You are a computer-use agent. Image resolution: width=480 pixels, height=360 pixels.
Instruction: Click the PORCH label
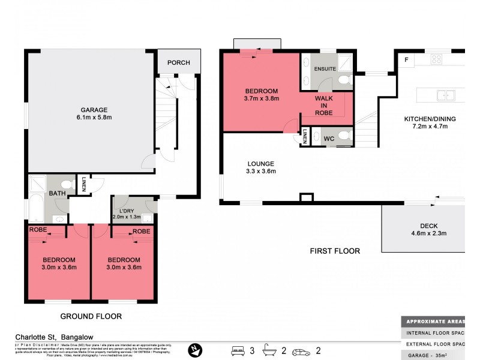pos(178,62)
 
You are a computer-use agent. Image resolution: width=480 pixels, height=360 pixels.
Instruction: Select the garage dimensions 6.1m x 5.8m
pos(94,118)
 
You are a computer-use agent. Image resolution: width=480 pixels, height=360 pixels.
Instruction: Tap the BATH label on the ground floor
pos(57,193)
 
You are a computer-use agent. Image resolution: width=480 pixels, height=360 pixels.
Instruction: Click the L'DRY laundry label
pos(126,211)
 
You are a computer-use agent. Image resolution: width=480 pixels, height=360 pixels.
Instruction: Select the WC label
pos(329,139)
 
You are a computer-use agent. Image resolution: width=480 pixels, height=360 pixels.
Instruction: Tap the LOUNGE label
pos(261,163)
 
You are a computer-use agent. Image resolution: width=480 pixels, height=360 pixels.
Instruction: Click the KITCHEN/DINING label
pos(429,119)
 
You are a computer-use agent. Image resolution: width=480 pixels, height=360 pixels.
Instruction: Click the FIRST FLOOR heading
pos(335,251)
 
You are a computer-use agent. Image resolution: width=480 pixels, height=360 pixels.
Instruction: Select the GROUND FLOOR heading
pos(92,316)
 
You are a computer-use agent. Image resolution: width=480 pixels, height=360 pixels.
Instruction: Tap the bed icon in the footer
pos(238,349)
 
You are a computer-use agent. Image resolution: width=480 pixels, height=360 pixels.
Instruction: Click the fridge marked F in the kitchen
pos(406,59)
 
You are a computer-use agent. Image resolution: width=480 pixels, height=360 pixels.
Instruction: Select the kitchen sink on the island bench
pos(445,94)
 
